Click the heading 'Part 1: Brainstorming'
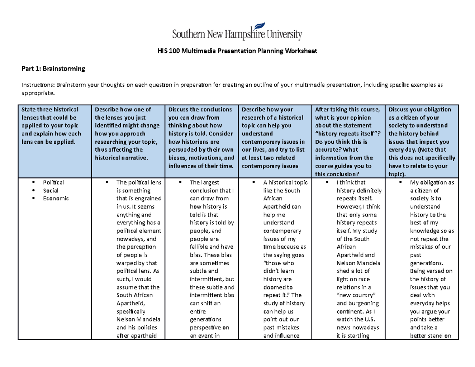click(x=53, y=69)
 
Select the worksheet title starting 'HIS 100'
click(x=237, y=51)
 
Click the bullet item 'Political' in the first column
click(x=53, y=183)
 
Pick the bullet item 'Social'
click(x=51, y=190)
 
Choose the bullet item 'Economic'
click(x=56, y=198)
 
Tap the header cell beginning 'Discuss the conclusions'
click(x=201, y=137)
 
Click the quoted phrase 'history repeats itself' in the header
click(x=345, y=134)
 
